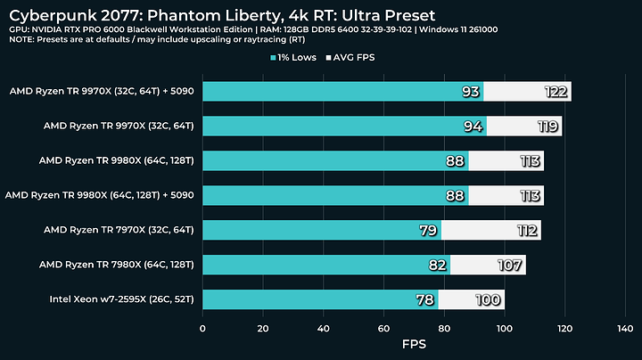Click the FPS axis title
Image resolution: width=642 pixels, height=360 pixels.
[414, 343]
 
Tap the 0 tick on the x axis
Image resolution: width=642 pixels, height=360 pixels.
[203, 327]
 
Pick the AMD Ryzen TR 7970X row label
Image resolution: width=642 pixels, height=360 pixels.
[124, 230]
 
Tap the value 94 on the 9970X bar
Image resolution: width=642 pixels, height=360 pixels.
[473, 127]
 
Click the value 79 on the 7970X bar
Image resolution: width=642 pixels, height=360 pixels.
[427, 231]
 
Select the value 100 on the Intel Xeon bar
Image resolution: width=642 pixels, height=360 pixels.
[489, 300]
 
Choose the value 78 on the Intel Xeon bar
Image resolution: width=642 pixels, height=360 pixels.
[424, 300]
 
